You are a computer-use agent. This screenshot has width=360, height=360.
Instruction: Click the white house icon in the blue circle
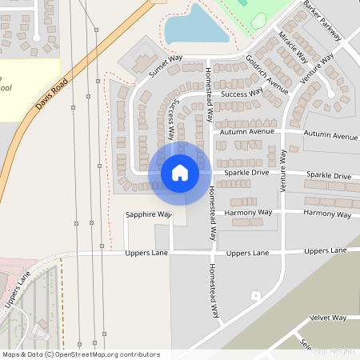(x=180, y=172)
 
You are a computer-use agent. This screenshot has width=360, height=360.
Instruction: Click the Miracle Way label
(x=293, y=47)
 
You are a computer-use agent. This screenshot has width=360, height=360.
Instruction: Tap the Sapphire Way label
(x=148, y=214)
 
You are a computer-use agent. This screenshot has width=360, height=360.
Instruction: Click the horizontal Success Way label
(x=242, y=94)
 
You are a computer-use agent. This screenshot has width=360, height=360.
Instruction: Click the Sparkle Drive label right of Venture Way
(x=332, y=175)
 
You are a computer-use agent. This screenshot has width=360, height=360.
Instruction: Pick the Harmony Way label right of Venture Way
(x=328, y=214)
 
